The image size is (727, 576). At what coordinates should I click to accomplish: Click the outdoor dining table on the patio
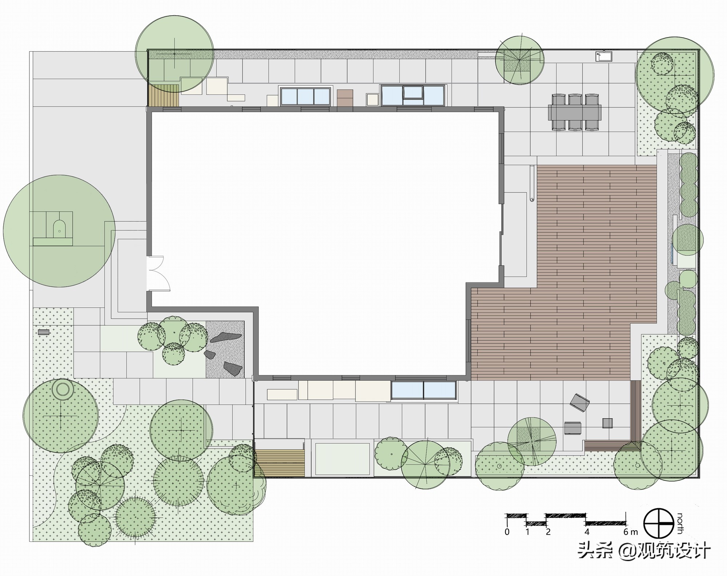pyautogui.click(x=574, y=112)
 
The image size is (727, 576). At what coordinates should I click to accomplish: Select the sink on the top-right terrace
pyautogui.click(x=604, y=56)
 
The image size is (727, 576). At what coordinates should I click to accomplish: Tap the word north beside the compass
pyautogui.click(x=679, y=523)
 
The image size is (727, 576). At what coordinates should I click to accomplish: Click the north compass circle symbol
pyautogui.click(x=658, y=523)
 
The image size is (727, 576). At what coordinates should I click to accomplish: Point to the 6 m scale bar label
pyautogui.click(x=630, y=532)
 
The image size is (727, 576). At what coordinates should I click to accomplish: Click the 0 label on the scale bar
pyautogui.click(x=507, y=532)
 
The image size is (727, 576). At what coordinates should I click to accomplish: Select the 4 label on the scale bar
pyautogui.click(x=587, y=532)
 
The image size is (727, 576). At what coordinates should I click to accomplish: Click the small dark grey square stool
pyautogui.click(x=607, y=423)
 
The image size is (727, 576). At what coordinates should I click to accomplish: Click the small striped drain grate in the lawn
pyautogui.click(x=44, y=332)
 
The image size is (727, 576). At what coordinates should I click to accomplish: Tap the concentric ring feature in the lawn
pyautogui.click(x=63, y=389)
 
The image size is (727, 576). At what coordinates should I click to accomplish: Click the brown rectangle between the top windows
pyautogui.click(x=345, y=98)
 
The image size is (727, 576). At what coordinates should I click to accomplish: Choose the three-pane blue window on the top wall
pyautogui.click(x=305, y=96)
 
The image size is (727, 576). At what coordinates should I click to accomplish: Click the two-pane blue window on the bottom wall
pyautogui.click(x=423, y=390)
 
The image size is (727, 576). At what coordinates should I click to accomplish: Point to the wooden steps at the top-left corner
pyautogui.click(x=164, y=96)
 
